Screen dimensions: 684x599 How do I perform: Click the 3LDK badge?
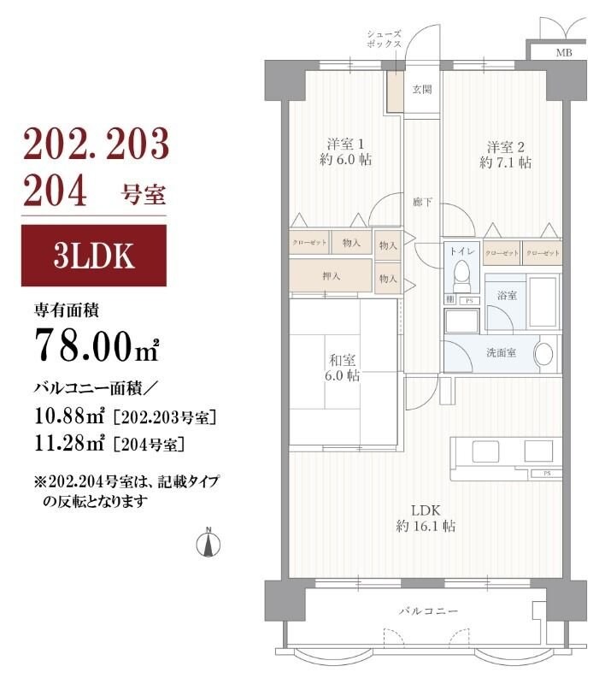(x=94, y=256)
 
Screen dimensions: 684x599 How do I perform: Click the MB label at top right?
(x=564, y=53)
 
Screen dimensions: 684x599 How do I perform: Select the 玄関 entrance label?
(x=421, y=88)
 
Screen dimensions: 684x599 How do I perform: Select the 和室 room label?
(x=343, y=368)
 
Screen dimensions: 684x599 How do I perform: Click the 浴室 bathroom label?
(x=507, y=296)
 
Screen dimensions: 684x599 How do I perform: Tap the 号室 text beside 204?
(x=138, y=192)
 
